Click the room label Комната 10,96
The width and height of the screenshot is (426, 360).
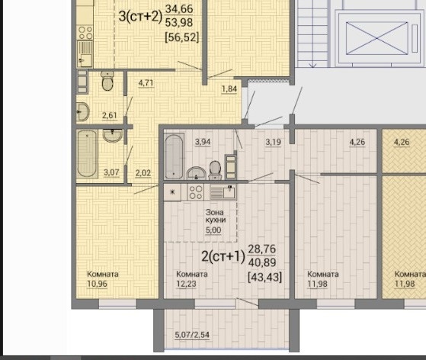pos(102,279)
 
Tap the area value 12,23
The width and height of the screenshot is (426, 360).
pos(186,284)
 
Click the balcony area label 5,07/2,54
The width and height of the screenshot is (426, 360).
pos(192,334)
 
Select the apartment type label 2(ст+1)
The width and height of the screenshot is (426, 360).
pos(223,256)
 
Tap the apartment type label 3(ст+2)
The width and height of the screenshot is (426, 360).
pos(140,16)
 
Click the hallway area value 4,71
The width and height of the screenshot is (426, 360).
pos(146,82)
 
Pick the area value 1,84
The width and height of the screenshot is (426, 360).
pos(229,89)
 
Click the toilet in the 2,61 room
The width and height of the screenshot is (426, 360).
pos(107,81)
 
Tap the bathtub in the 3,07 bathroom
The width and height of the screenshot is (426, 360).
pos(87,153)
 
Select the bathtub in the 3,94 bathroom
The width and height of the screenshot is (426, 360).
pos(174,156)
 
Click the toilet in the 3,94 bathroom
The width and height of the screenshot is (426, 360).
pos(215,170)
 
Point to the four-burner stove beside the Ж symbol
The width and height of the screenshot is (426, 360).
pos(196,192)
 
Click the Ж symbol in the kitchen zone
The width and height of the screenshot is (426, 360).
pos(172,192)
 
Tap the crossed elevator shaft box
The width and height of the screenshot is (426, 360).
pos(376,38)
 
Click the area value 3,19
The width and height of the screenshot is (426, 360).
pos(273,142)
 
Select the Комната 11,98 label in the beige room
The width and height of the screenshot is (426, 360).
pos(323,279)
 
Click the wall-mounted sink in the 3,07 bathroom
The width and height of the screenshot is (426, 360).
pos(113,135)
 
